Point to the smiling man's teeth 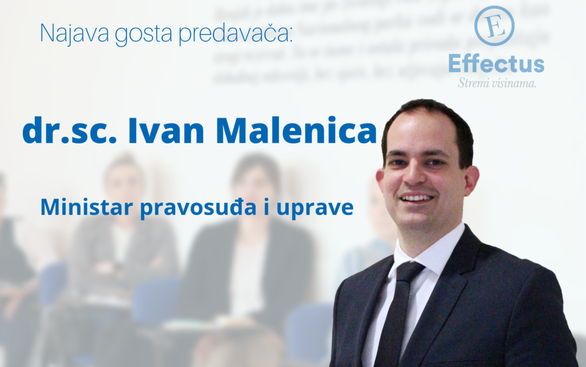[418, 198]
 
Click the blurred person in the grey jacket [122, 239]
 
